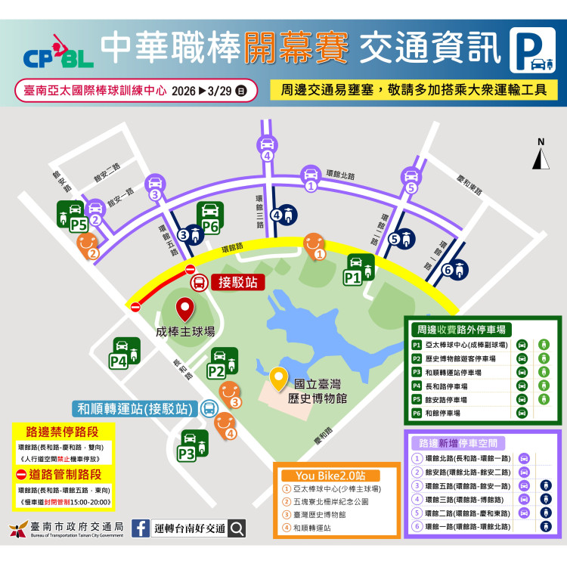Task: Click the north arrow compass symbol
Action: tap(541, 155)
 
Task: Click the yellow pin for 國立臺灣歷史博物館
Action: tap(280, 377)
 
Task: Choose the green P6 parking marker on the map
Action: tap(210, 217)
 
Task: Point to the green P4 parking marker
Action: tap(126, 353)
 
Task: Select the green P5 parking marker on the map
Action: tap(72, 216)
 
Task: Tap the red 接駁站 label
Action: tap(238, 282)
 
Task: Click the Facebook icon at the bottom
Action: tap(141, 528)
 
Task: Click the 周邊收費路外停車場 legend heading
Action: tap(460, 330)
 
